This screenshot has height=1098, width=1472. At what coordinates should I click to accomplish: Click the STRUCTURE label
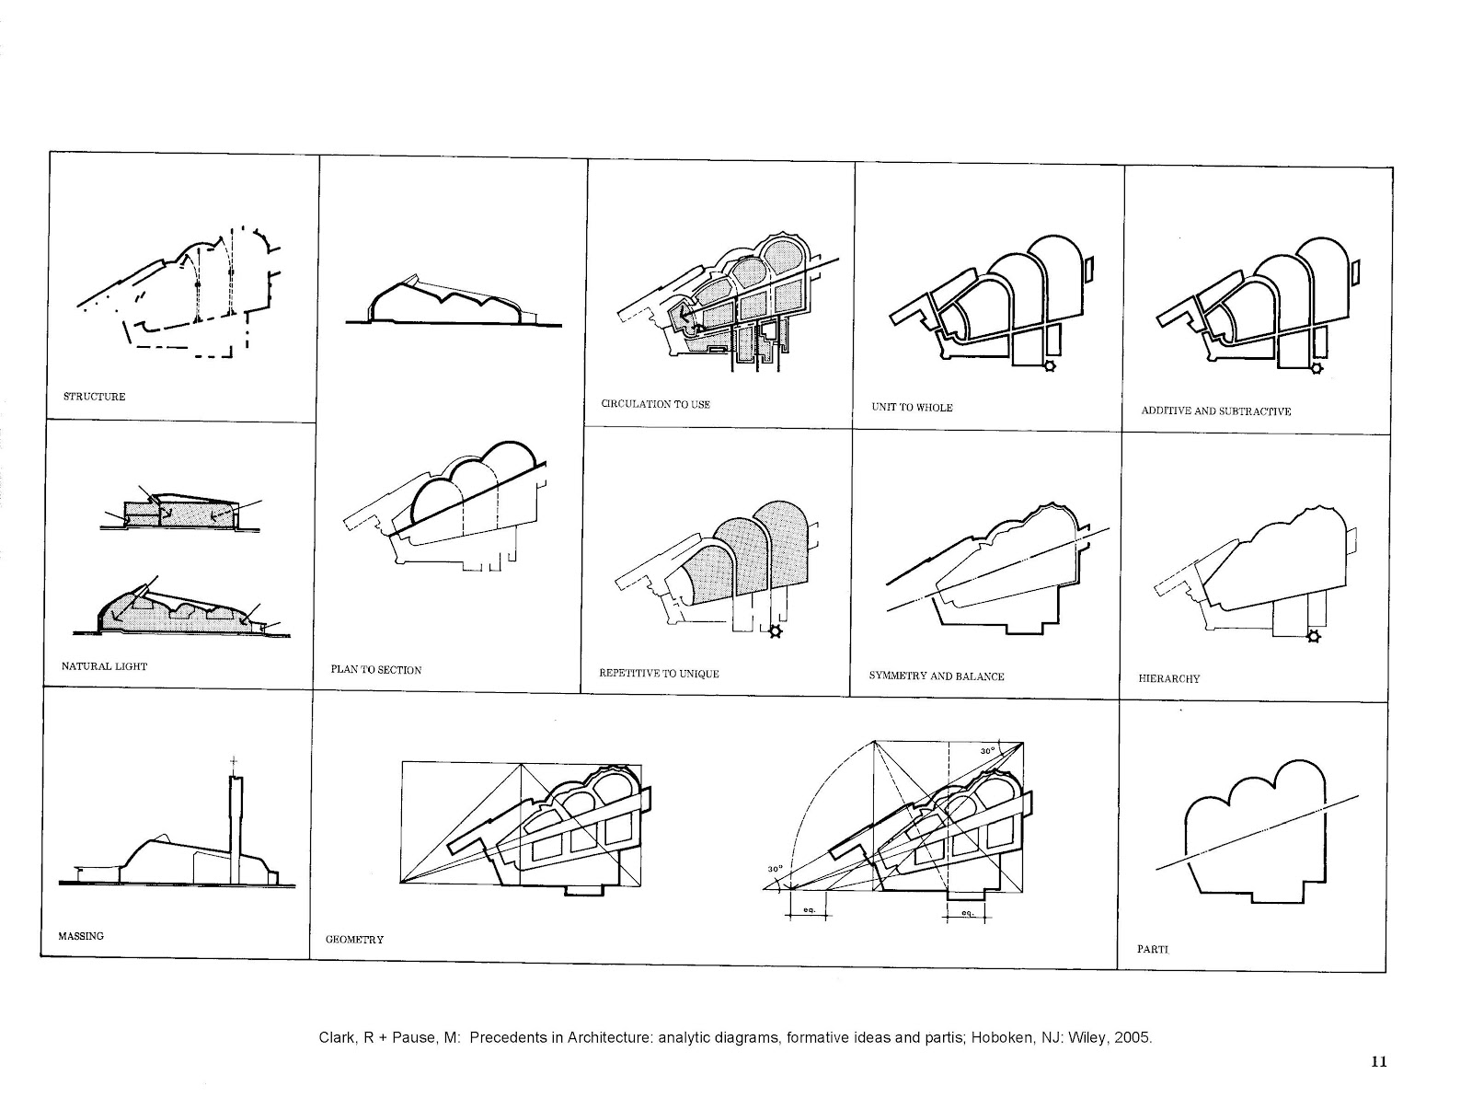94,397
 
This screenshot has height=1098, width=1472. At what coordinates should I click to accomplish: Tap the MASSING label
82,936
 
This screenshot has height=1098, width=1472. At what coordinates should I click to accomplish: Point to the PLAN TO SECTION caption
375,670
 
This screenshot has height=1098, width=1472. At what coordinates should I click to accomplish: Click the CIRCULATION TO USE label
655,404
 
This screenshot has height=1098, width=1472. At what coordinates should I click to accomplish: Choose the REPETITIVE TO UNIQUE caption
659,674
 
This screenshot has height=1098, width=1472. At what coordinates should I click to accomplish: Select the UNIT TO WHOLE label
911,407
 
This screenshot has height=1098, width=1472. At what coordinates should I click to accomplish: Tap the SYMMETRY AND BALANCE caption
936,676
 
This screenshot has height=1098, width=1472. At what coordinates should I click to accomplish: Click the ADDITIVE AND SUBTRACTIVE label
1215,411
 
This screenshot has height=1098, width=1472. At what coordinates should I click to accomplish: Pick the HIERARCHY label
1168,678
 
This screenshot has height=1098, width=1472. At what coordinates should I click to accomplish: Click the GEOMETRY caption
354,940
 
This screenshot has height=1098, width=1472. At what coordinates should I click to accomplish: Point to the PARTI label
1152,948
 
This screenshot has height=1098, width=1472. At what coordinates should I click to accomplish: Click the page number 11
1377,1061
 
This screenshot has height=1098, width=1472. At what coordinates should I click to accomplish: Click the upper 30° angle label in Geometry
987,751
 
